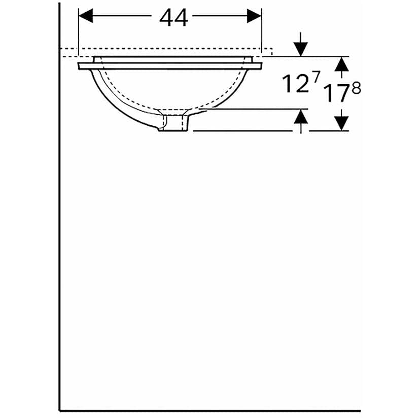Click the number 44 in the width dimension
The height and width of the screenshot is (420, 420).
(173, 18)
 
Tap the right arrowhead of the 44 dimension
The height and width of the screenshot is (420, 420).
(253, 17)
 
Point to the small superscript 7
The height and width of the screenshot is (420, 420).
(316, 77)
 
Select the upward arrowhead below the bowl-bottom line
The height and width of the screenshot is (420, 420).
(301, 117)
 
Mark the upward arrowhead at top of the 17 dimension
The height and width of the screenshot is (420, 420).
(342, 63)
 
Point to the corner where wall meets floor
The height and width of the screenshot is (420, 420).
(60, 410)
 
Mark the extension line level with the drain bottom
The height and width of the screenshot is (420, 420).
(243, 131)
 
